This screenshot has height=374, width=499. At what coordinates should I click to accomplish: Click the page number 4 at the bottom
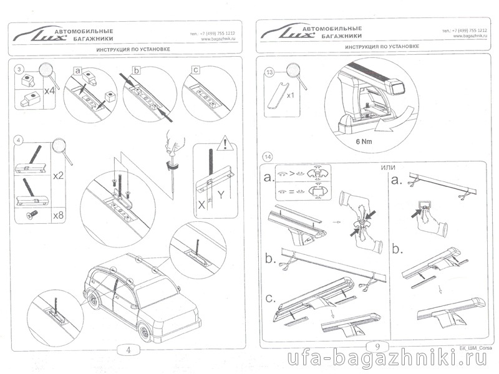[128, 350]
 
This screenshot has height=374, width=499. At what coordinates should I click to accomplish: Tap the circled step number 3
[20, 68]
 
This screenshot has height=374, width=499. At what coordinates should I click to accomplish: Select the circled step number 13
[269, 72]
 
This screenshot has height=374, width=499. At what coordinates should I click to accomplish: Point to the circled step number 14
[268, 156]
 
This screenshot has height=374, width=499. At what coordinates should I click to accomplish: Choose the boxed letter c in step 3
[196, 70]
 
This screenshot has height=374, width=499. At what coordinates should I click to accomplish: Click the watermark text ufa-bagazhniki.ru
[387, 360]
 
